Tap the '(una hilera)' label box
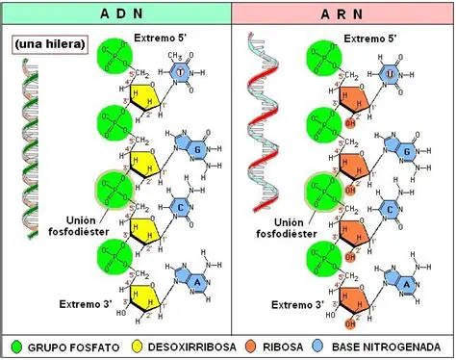(47, 44)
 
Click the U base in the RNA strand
(390, 74)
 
